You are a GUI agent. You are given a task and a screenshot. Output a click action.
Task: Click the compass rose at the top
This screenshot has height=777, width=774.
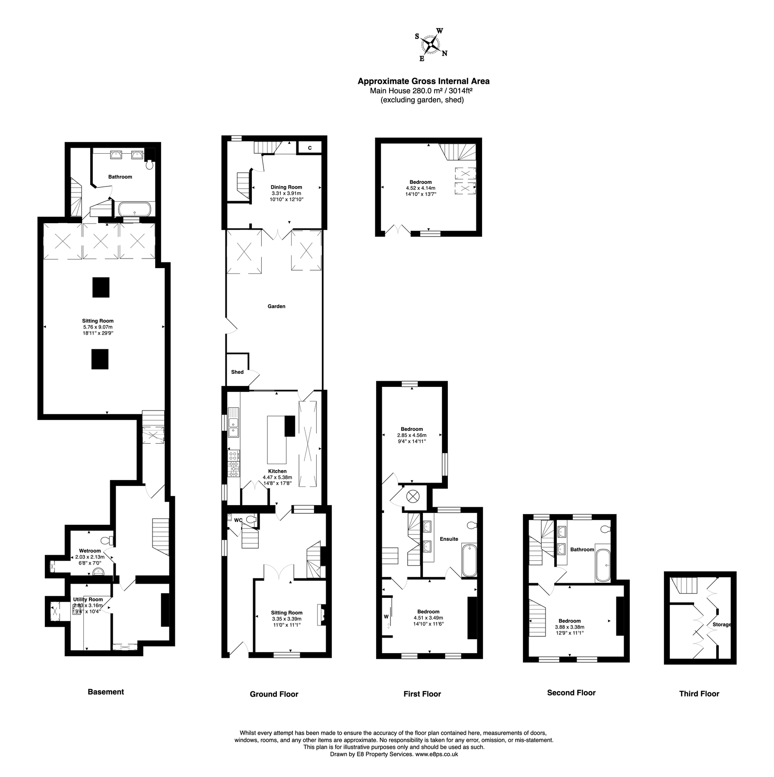point(431,44)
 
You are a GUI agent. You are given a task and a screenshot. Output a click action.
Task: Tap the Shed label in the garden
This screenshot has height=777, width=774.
point(237,372)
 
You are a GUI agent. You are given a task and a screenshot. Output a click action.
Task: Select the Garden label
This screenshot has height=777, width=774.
point(276,306)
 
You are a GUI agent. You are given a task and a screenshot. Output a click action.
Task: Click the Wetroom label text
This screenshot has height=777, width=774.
point(90,551)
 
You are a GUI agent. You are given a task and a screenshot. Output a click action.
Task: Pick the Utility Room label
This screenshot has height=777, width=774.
point(88,599)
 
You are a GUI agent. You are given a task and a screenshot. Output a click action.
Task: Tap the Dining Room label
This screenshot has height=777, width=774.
point(286,187)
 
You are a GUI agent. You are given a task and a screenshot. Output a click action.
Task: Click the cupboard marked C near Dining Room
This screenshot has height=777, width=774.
point(310,148)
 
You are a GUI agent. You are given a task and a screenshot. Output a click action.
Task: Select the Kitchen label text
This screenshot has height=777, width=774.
point(277,471)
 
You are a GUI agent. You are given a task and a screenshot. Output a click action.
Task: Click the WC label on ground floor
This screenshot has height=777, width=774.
point(238,520)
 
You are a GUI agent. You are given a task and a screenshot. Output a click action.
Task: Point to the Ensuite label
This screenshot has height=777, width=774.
point(449,539)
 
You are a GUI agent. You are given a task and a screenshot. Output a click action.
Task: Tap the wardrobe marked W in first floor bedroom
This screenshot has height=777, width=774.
point(386,616)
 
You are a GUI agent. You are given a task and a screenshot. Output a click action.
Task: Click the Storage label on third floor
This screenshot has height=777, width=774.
point(722,624)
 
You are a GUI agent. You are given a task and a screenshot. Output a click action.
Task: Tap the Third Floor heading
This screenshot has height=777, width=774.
point(699,694)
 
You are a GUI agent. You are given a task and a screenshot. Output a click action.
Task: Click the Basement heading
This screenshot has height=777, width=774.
point(106,692)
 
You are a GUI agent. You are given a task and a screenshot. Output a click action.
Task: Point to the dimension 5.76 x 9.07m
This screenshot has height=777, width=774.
point(98,327)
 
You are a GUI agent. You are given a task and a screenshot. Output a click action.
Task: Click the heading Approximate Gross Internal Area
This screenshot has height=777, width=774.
point(423,81)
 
